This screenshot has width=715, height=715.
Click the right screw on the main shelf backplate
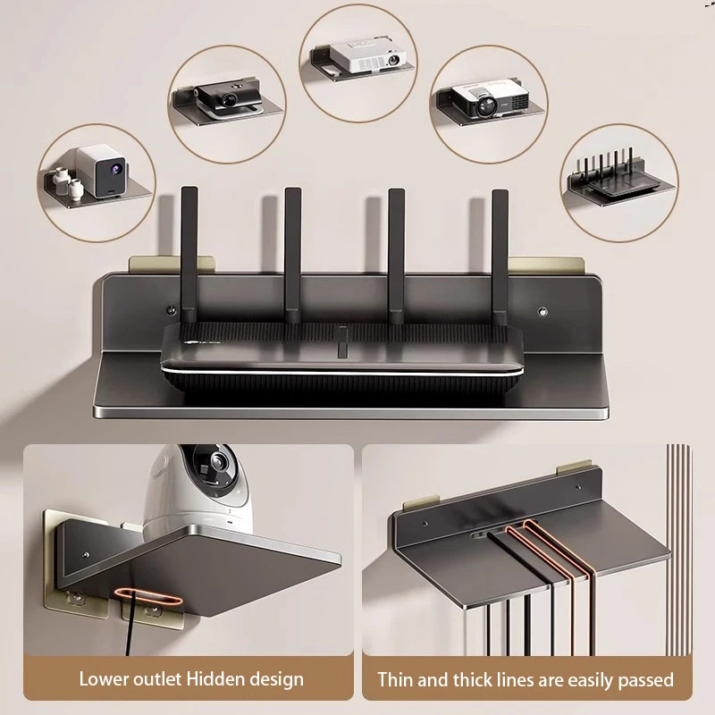[x=542, y=310]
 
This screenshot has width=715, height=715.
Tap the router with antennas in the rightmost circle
[x=618, y=183]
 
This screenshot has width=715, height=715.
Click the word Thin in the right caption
[x=397, y=680]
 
